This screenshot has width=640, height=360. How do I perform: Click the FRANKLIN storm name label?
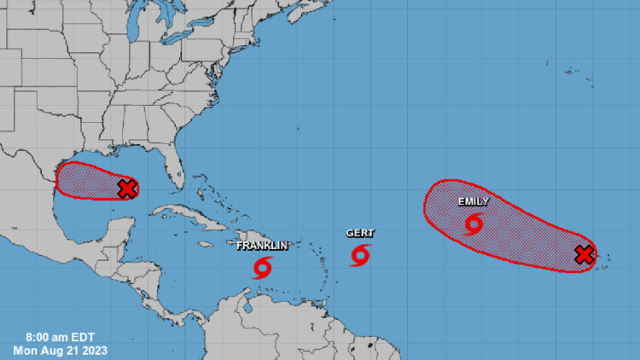point(262,246)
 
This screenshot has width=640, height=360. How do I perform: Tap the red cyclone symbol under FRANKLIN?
point(262,270)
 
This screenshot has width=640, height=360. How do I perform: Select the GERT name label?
point(360,233)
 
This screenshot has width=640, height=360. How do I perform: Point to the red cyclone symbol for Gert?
point(360,255)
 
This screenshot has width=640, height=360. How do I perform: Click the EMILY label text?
point(473,202)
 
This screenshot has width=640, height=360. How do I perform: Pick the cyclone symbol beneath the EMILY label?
point(474,224)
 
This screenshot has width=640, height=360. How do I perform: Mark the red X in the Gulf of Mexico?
point(126,189)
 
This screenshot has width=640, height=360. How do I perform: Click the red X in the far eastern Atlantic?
point(584,254)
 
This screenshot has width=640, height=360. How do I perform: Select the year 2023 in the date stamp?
point(91,350)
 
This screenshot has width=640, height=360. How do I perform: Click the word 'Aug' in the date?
point(53,350)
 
